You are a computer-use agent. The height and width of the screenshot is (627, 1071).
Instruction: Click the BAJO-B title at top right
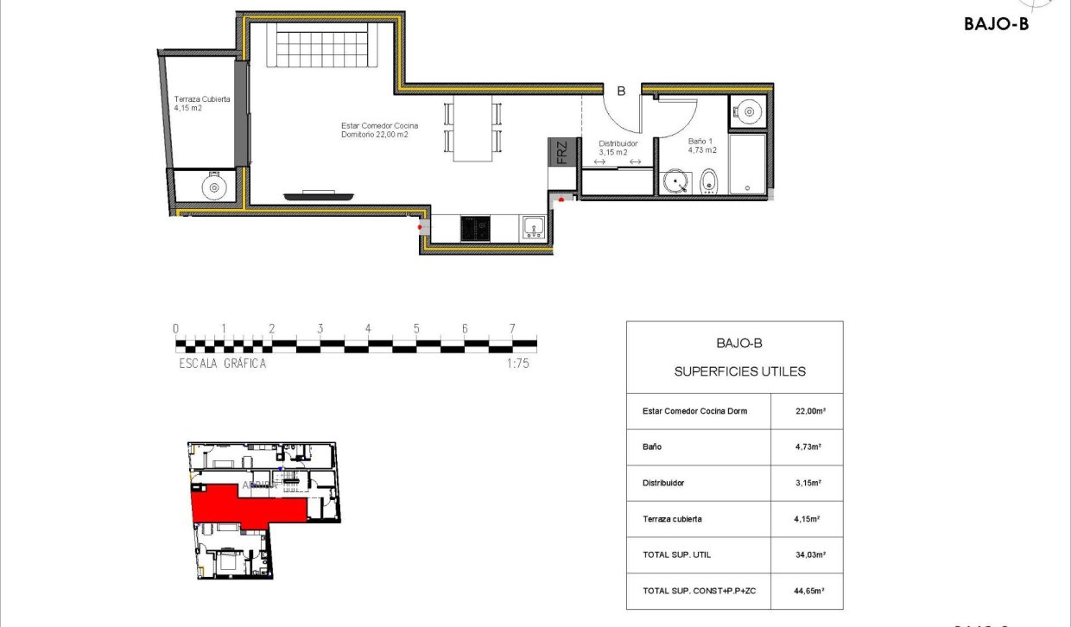tap(996, 24)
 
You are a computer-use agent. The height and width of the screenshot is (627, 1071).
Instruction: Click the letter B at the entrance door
tap(620, 90)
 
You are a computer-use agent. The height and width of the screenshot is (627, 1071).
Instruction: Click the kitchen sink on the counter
tap(533, 228)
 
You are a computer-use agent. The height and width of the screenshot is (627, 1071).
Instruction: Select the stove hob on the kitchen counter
tap(475, 228)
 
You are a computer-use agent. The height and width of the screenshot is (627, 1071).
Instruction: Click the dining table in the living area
tap(472, 128)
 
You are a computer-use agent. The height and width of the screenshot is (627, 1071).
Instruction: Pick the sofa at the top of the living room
tap(321, 45)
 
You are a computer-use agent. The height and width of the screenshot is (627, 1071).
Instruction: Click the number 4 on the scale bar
tap(368, 329)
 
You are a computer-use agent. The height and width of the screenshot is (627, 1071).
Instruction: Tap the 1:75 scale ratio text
tap(517, 364)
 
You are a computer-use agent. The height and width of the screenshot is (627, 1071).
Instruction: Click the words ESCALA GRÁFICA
tap(222, 364)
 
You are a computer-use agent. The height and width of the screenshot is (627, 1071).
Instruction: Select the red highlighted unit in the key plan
tap(242, 506)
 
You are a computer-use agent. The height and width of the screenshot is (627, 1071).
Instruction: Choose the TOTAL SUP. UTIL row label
tap(677, 555)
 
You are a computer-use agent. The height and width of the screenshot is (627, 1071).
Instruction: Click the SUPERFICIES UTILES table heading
tap(738, 371)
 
